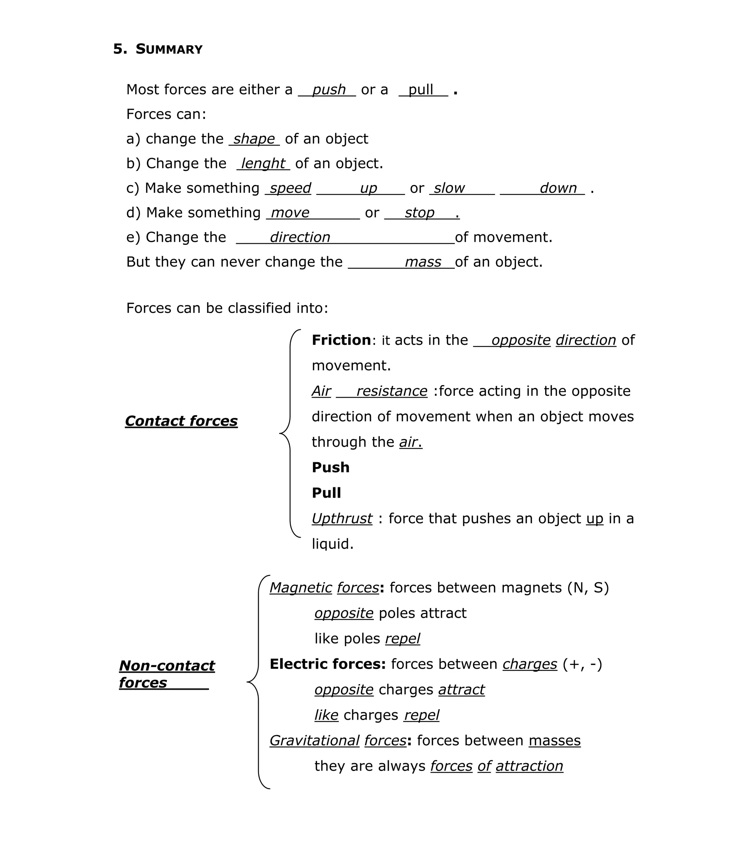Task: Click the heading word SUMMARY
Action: click(169, 49)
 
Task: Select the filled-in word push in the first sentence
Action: click(329, 90)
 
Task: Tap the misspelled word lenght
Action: click(263, 164)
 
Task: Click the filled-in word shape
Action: click(254, 139)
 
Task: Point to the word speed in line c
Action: click(290, 188)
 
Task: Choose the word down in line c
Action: click(558, 188)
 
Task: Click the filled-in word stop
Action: click(419, 213)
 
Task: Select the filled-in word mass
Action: click(423, 262)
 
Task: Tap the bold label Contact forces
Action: click(181, 421)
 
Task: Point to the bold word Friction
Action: click(341, 340)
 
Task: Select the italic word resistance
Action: click(392, 391)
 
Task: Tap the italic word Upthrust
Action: click(342, 518)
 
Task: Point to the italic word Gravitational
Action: click(314, 741)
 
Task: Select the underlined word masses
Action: click(554, 741)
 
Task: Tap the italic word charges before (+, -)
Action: click(529, 664)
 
